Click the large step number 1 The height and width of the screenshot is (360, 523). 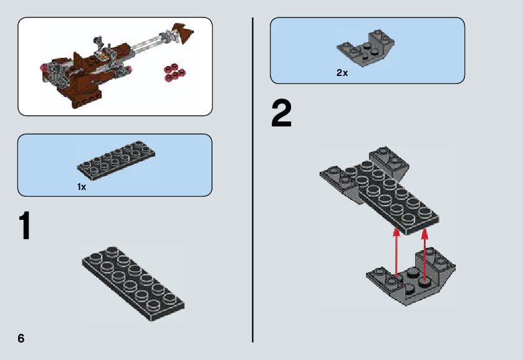26,225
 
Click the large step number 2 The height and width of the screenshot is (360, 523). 282,113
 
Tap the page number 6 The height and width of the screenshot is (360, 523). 21,338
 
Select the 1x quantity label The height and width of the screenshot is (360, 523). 82,187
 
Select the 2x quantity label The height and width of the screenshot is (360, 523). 342,73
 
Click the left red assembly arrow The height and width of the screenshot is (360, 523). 396,253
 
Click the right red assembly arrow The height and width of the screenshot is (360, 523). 425,257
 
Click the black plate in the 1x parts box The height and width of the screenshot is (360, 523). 116,160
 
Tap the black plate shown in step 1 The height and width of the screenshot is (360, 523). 133,283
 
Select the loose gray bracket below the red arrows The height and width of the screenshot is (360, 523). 411,277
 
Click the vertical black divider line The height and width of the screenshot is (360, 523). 253,180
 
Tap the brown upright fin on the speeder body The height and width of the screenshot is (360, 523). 77,59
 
